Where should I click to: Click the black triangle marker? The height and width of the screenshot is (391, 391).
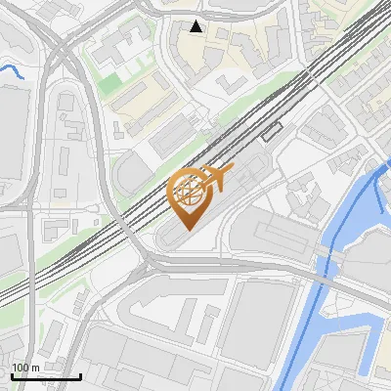(196, 26)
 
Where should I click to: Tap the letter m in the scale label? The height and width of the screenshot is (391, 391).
(36, 368)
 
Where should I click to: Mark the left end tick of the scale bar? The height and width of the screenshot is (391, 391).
(12, 375)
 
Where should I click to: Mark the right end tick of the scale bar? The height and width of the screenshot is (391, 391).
(80, 375)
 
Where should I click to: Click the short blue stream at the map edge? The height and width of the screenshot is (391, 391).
(12, 69)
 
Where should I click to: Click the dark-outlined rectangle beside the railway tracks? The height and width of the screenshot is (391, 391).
(271, 130)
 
